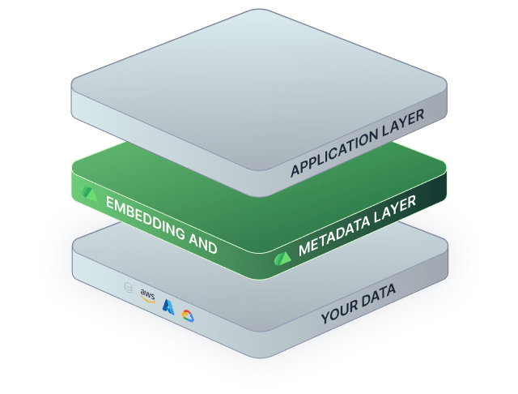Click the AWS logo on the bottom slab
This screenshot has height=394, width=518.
(147, 295)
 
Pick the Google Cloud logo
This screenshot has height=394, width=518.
(189, 316)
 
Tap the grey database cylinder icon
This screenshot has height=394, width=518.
(126, 287)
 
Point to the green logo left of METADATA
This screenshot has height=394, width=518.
(282, 257)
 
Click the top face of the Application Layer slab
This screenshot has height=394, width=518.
(259, 81)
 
